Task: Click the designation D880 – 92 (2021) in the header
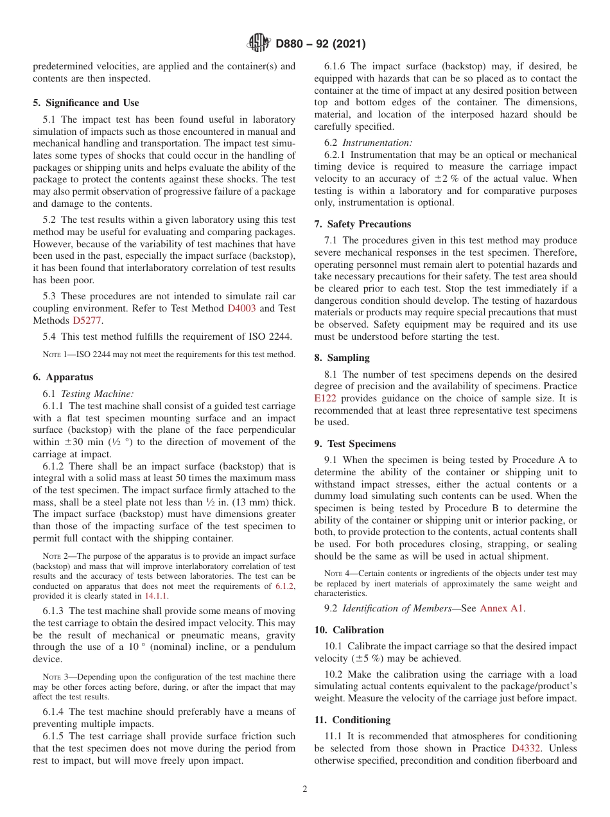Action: click(320, 44)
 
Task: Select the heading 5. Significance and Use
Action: click(85, 103)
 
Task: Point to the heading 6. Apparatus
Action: click(63, 377)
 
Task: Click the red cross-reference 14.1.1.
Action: click(153, 597)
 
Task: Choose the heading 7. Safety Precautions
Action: click(362, 224)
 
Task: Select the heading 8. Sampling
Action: click(342, 358)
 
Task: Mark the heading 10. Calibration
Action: click(349, 630)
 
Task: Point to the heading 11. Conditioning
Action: click(353, 720)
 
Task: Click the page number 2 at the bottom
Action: click(305, 789)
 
